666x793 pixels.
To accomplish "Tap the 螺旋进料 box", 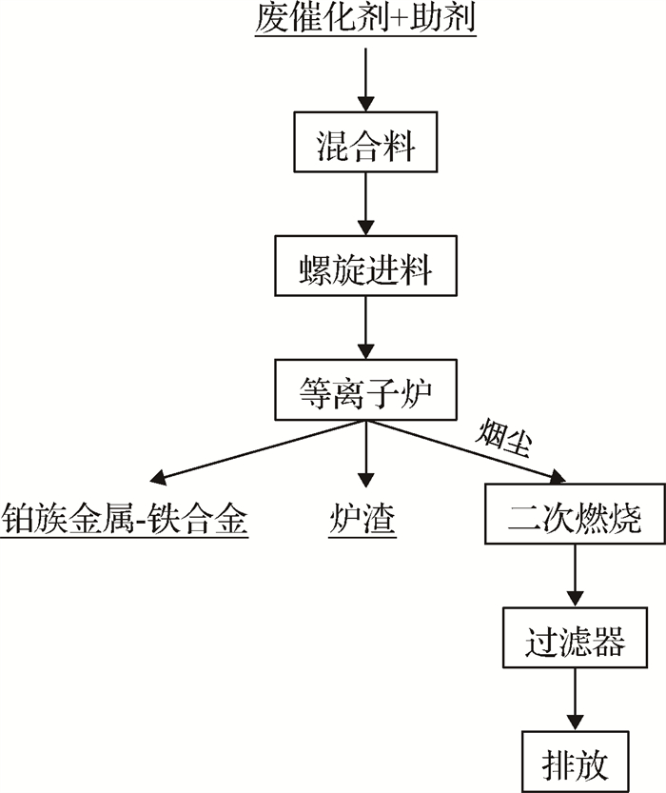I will tap(365, 270).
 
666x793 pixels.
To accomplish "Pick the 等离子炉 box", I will tap(365, 391).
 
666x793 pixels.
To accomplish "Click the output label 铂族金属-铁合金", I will tap(125, 520).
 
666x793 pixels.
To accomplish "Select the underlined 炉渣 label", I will tap(365, 520).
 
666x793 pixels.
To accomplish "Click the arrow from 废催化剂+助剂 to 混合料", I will tap(365, 76).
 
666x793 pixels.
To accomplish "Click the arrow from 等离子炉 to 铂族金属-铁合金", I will tap(257, 451).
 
